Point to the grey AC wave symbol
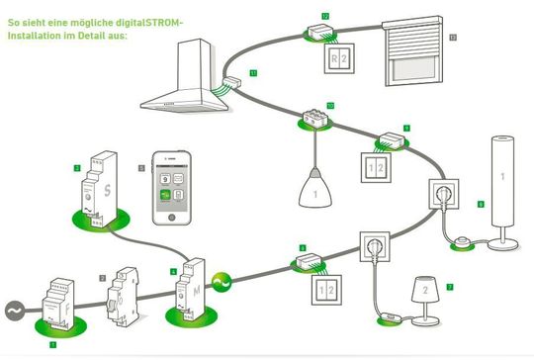click(x=13, y=309)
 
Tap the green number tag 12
click(x=325, y=16)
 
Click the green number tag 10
click(x=330, y=104)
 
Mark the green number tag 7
click(x=451, y=287)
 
